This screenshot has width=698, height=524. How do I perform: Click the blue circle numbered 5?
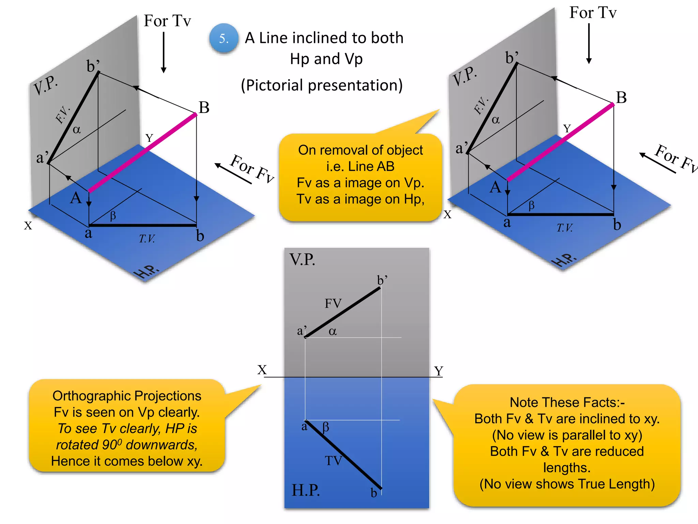coord(224,38)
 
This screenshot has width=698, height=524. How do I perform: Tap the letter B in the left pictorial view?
coord(204,108)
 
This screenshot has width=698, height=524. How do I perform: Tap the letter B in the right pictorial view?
coord(621,98)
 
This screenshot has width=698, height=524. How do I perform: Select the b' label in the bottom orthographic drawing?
coord(382,280)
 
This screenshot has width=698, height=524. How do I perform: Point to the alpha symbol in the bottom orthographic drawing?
coord(333,331)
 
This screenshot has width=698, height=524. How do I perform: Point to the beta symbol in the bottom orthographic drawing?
coord(326,426)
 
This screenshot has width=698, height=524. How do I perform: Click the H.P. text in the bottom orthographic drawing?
coord(306,490)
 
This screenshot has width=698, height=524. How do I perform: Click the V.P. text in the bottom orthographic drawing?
coord(302,260)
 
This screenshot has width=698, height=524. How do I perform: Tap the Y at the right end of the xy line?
coord(439,371)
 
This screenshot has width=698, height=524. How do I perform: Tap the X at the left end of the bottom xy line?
coord(262,370)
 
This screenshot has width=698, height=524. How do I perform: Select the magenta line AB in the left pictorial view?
coord(142,152)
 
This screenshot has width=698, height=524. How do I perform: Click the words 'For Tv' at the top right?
coord(593,13)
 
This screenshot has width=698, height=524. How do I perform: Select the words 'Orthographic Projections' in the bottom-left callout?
coord(127,396)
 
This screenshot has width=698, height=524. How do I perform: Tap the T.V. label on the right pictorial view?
coord(565,228)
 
